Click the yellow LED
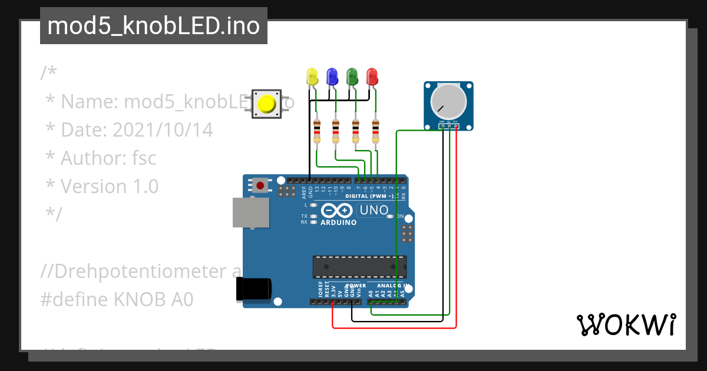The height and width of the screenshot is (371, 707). coord(312,76)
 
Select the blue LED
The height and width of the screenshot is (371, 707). coord(332,76)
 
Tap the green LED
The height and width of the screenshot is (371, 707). coord(352,76)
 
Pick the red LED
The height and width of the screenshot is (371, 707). coord(372,76)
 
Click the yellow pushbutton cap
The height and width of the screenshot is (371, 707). coord(266,104)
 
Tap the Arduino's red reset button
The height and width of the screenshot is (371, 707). coord(260,185)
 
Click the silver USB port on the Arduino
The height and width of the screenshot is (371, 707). coord(248,213)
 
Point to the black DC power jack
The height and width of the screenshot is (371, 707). coord(253,289)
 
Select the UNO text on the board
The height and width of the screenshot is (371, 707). coord(374,210)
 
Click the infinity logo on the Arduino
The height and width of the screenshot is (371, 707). coord(337,211)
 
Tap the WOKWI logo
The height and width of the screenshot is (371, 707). coord(626,324)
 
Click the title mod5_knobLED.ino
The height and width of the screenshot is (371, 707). coord(153,26)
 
